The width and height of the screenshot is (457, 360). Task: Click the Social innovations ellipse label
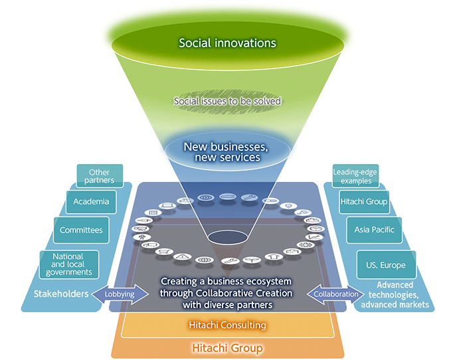227,43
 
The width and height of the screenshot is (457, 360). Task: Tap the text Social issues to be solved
227,102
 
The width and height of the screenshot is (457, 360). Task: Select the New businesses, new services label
227,151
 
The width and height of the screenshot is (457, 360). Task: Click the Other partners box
100,176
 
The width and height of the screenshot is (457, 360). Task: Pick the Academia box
91,201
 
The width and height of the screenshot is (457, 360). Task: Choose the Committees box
81,230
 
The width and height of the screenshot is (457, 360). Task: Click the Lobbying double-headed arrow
120,294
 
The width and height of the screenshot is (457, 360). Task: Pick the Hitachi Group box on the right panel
363,201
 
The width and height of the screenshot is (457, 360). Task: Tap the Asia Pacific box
375,230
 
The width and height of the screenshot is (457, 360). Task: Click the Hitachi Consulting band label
227,325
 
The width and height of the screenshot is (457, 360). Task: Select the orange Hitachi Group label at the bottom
227,347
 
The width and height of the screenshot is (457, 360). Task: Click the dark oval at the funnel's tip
227,237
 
